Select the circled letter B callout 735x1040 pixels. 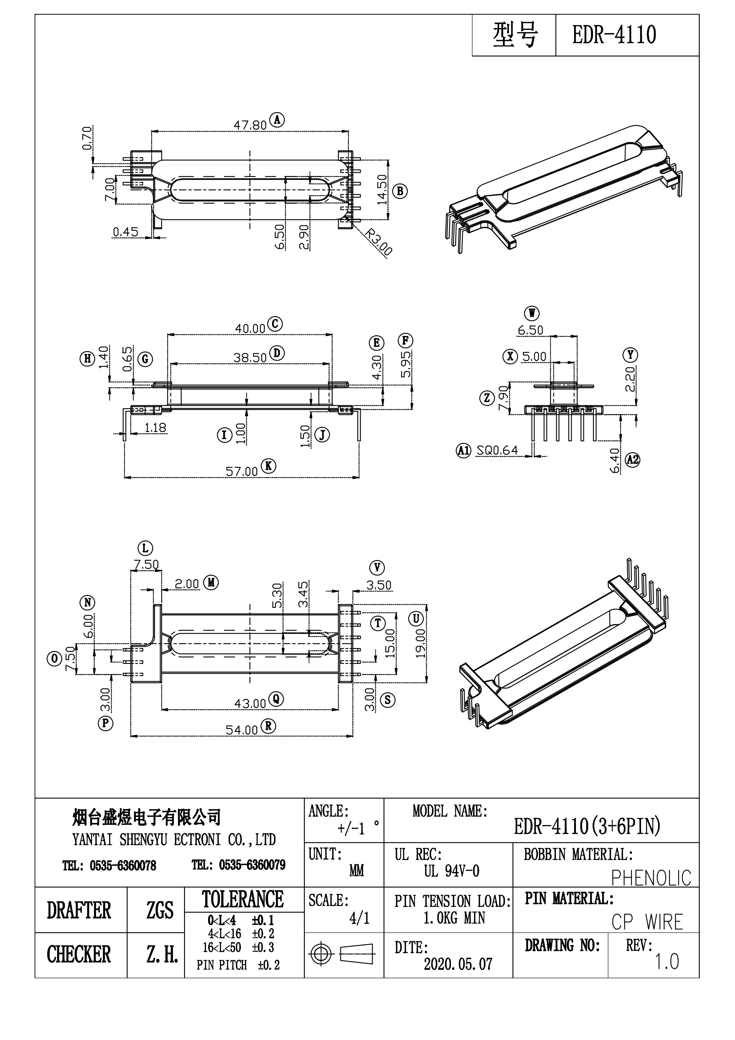click(x=400, y=191)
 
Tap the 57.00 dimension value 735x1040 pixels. click(x=241, y=472)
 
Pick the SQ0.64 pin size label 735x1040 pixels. click(x=497, y=450)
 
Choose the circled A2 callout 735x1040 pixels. click(x=632, y=460)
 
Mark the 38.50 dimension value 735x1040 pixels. click(x=250, y=358)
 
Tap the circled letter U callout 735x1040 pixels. click(x=415, y=618)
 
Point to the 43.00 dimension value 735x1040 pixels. click(x=250, y=703)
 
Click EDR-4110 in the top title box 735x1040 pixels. click(x=614, y=35)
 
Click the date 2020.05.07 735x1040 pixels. click(x=458, y=964)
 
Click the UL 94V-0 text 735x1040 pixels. click(x=451, y=871)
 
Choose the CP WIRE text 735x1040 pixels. click(x=647, y=922)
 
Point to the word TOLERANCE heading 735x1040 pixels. click(x=243, y=900)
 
